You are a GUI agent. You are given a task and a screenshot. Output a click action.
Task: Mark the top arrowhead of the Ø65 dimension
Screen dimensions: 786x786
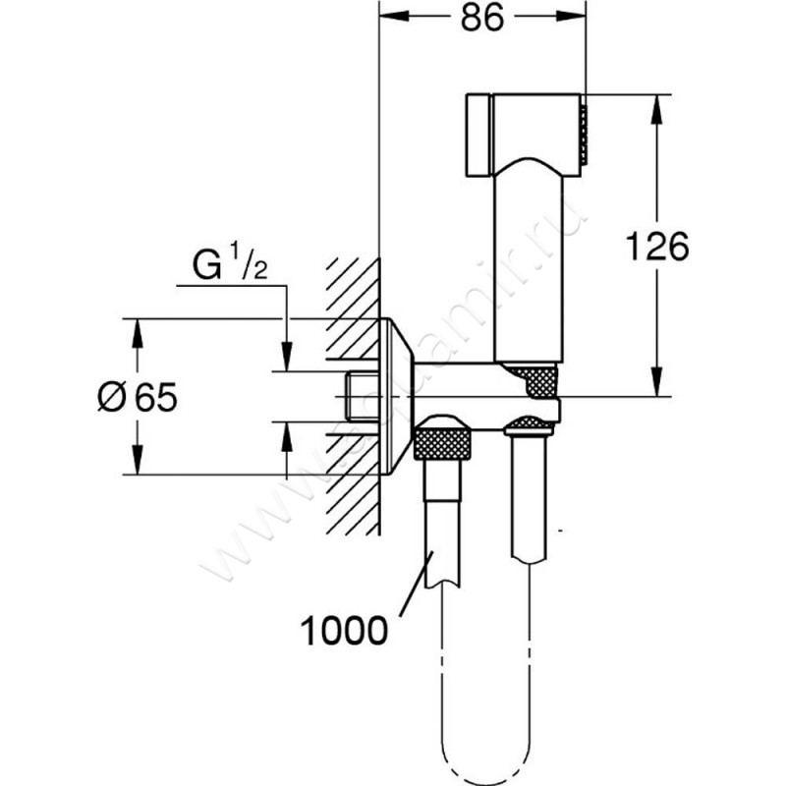[135, 327]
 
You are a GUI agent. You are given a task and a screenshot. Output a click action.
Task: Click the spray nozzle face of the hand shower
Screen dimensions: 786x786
[583, 134]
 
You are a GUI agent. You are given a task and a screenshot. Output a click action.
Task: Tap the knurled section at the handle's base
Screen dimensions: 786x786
[531, 376]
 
